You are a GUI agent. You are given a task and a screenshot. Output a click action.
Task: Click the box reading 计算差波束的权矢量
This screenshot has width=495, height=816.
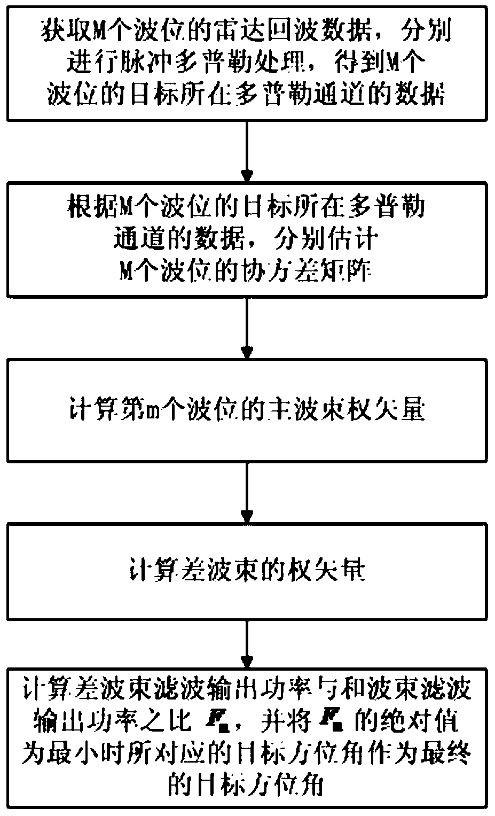pos(247,572)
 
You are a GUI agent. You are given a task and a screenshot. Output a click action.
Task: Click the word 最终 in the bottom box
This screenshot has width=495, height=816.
pos(449,753)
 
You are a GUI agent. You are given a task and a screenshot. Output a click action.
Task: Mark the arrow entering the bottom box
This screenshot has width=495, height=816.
pos(247,643)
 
